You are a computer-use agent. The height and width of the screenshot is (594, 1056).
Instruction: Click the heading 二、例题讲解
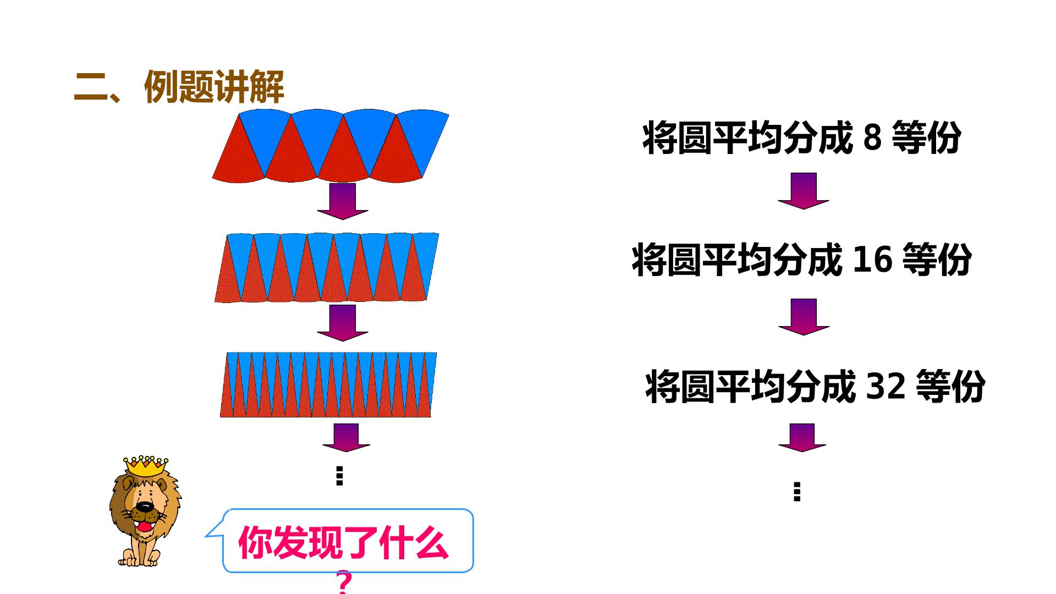[x=179, y=87]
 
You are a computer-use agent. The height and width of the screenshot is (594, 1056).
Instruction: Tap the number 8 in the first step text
[x=872, y=137]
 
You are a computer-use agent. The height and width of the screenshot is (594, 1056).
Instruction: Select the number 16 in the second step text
[x=872, y=260]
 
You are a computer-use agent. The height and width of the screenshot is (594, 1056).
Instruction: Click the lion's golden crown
[x=146, y=466]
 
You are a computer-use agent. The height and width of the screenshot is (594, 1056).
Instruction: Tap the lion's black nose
[x=144, y=507]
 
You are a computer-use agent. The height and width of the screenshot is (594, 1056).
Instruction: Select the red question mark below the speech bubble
[x=344, y=583]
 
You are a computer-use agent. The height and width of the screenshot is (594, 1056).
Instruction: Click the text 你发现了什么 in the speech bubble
[x=343, y=543]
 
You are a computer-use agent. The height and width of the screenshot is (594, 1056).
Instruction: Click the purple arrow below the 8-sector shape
[x=342, y=201]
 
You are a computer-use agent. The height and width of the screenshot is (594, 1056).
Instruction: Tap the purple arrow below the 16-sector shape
[x=342, y=323]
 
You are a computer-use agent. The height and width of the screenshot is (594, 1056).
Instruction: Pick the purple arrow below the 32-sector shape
[x=346, y=438]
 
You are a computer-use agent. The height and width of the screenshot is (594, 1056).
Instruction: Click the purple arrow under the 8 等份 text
[x=804, y=191]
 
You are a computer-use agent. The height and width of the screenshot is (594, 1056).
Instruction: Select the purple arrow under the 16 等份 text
[x=804, y=317]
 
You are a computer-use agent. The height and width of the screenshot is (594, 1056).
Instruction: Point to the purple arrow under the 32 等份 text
[x=802, y=438]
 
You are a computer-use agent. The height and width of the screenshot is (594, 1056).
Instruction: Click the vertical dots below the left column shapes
[x=339, y=476]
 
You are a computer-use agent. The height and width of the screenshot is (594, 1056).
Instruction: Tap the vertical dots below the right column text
[x=797, y=492]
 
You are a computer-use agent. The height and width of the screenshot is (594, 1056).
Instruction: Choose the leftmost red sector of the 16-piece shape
[x=228, y=278]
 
